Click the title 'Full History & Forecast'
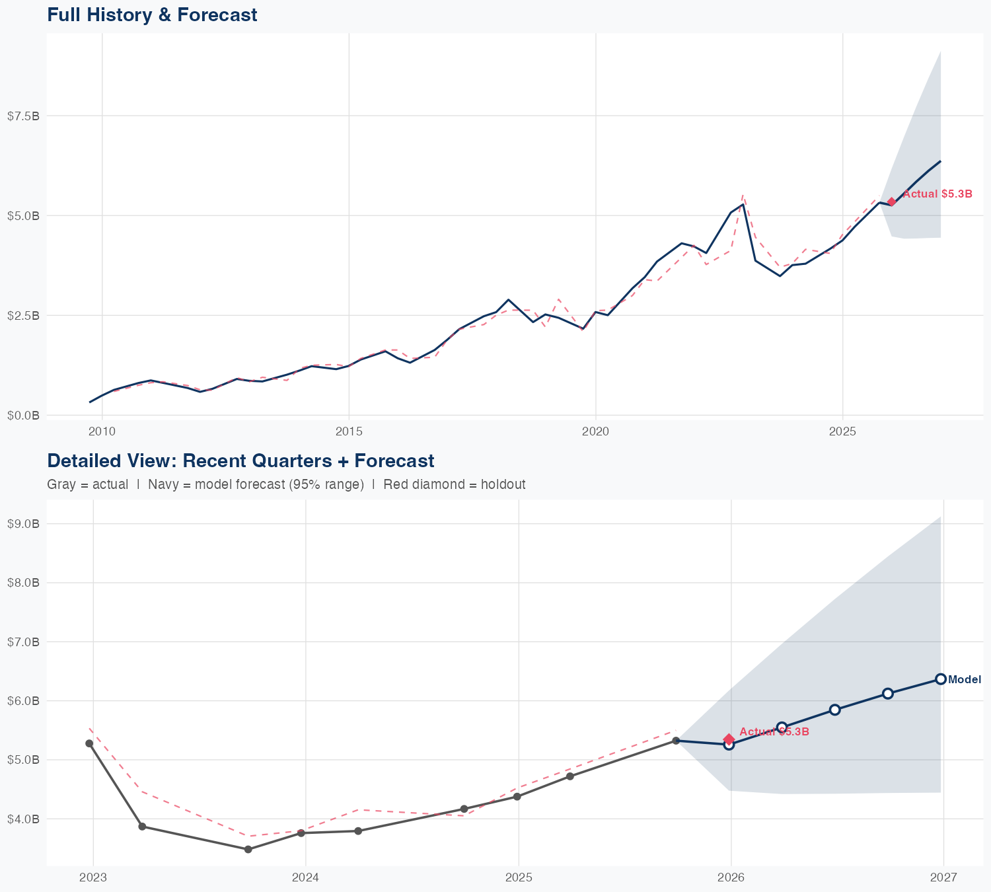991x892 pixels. pos(152,15)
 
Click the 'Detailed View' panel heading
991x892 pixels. pos(240,461)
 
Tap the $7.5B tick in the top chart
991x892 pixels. pos(23,116)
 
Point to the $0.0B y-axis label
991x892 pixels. pos(23,415)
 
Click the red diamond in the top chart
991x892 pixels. pos(891,202)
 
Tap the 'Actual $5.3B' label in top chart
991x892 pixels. pos(937,194)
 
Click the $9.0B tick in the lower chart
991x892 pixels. pos(23,524)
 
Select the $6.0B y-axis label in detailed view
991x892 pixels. pos(23,701)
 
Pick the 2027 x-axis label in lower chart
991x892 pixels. pos(943,878)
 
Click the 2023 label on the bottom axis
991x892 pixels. pos(92,878)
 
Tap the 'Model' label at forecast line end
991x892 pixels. pos(965,680)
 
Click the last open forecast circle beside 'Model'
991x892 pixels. pos(941,679)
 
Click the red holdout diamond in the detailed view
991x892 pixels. pos(729,739)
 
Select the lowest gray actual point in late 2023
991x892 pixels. pos(248,850)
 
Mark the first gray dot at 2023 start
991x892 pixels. pos(89,743)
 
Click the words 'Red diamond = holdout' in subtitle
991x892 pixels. pos(454,484)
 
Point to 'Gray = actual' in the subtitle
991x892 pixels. pos(87,484)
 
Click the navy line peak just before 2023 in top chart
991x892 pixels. pos(743,204)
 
